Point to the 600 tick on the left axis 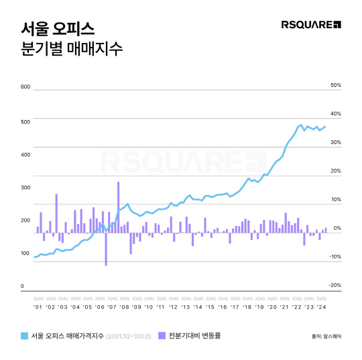pos(26,87)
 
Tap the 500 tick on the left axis pos(26,121)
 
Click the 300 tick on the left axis pos(26,187)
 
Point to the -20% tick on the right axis pos(336,285)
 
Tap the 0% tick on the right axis pos(338,228)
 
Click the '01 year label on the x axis pos(38,307)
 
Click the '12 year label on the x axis pos(173,307)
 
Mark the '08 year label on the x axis pos(124,307)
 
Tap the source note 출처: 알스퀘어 pos(326,337)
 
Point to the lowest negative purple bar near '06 pos(106,249)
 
